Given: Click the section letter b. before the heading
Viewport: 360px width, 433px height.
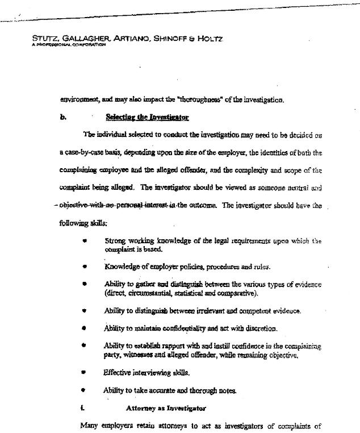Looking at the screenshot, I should coord(63,118).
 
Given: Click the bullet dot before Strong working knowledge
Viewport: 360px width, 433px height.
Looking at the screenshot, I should coord(84,241).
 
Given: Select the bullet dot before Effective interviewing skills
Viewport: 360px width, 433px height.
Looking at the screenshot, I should coord(84,373).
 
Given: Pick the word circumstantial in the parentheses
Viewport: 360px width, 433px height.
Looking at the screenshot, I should coord(149,293).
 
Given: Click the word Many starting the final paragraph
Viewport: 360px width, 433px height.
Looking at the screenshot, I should coord(90,425).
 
